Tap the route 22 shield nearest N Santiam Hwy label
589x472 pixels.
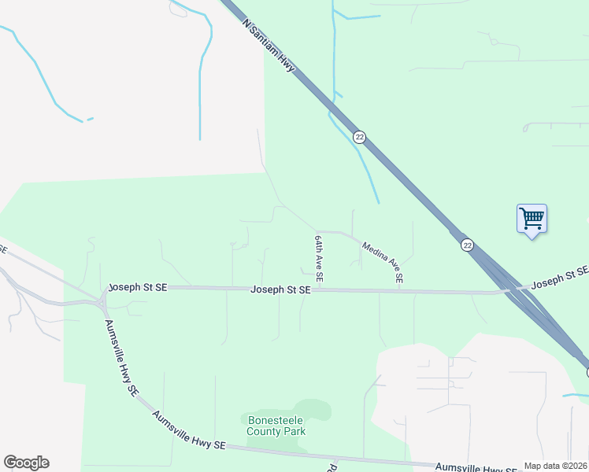[x=359, y=137]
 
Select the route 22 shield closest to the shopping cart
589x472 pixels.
[x=467, y=245]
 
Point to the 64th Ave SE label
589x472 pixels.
[x=319, y=258]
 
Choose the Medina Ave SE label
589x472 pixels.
[x=383, y=262]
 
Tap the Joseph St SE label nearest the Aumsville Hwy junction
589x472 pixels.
[x=138, y=288]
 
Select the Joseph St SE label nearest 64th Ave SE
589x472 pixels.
[x=280, y=290]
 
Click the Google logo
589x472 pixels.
[x=26, y=463]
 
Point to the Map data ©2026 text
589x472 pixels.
[x=556, y=466]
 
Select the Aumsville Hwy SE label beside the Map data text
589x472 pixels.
[x=492, y=469]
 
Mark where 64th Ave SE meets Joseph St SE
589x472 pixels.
[x=321, y=289]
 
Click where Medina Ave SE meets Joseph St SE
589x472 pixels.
[x=399, y=290]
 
